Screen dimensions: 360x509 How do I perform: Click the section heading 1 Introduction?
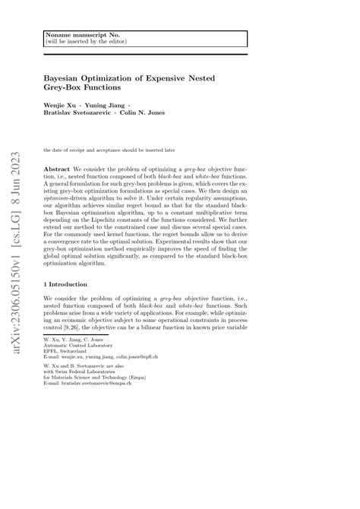tap(68, 283)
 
